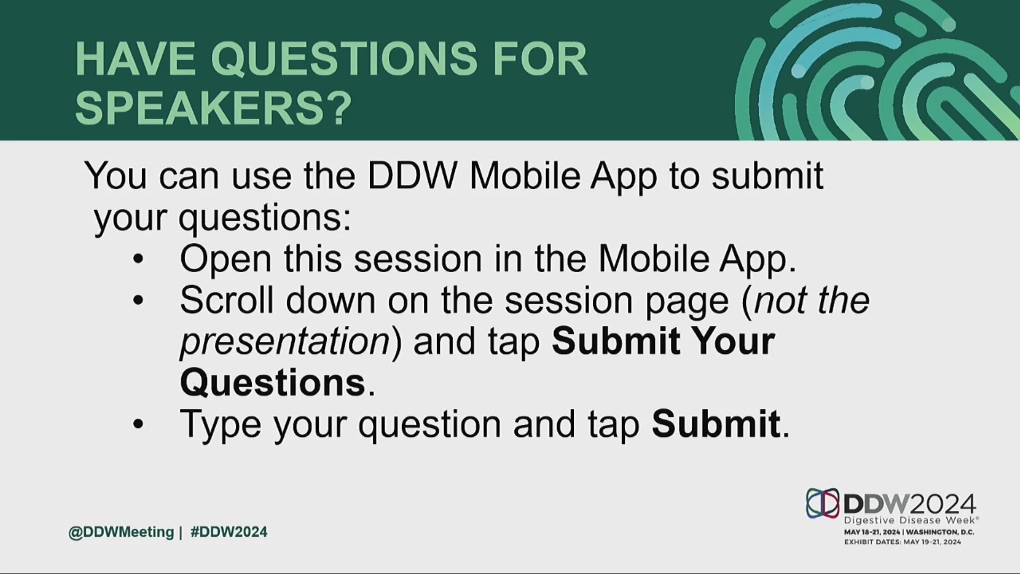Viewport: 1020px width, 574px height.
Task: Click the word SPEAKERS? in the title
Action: pyautogui.click(x=214, y=108)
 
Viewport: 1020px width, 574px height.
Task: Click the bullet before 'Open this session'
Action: pyautogui.click(x=138, y=259)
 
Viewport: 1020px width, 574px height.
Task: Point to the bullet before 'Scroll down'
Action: pyautogui.click(x=138, y=301)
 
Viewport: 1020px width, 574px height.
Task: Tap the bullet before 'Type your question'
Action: pyautogui.click(x=138, y=424)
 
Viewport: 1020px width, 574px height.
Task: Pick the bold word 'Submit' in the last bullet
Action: pyautogui.click(x=716, y=424)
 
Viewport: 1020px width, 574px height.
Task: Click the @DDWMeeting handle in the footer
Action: pyautogui.click(x=121, y=532)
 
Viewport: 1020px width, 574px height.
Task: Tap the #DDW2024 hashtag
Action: pyautogui.click(x=229, y=532)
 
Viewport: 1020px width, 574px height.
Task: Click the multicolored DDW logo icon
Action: pyautogui.click(x=822, y=503)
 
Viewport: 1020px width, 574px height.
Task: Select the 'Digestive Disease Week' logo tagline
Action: pyautogui.click(x=911, y=520)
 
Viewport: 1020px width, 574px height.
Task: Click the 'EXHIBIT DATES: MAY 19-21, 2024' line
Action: pyautogui.click(x=903, y=542)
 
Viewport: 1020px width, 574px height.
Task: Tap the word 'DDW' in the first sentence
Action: pyautogui.click(x=412, y=175)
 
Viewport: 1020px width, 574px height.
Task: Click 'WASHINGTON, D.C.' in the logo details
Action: pyautogui.click(x=940, y=532)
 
